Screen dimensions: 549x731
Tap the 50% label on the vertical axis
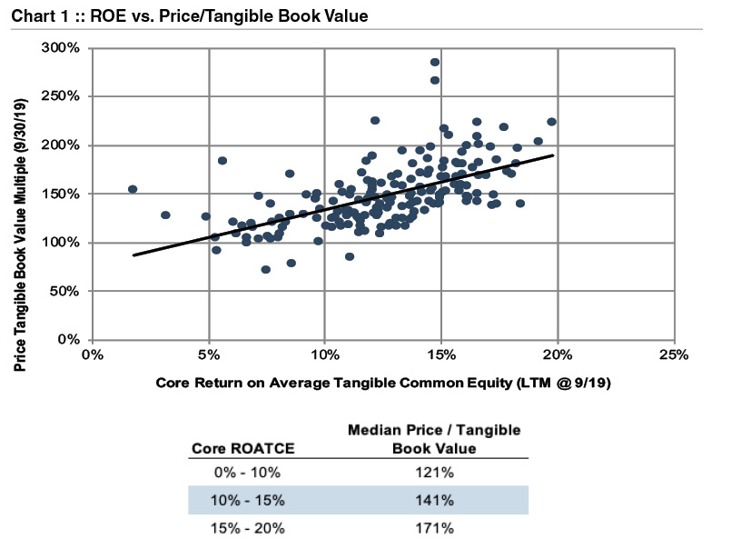(67, 291)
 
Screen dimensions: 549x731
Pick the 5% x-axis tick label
(209, 355)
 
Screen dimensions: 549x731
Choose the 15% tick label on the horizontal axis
(440, 355)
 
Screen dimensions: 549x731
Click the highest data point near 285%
(435, 63)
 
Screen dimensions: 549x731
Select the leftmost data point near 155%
(133, 189)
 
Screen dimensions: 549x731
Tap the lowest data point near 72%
(265, 269)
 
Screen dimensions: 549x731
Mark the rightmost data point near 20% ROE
(551, 122)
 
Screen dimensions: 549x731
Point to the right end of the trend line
(553, 155)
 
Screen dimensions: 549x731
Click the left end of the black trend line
(133, 255)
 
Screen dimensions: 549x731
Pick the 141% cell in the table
(435, 500)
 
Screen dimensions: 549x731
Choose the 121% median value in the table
(435, 473)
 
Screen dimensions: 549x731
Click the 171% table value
(435, 527)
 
